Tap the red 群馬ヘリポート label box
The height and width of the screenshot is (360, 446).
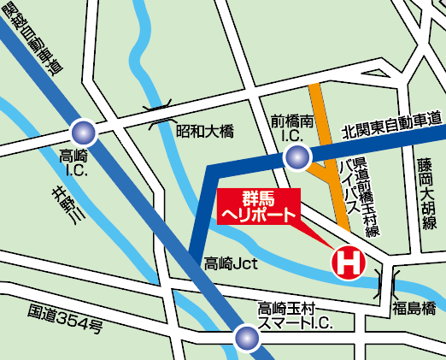(x=260, y=206)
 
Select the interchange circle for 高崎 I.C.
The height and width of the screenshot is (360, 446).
(x=84, y=131)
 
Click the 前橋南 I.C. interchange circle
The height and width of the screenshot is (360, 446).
(x=296, y=156)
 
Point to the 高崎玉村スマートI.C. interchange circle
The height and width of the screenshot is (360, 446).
(x=248, y=338)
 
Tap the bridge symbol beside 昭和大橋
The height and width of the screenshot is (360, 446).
(x=162, y=115)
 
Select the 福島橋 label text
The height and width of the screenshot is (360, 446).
(x=414, y=307)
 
